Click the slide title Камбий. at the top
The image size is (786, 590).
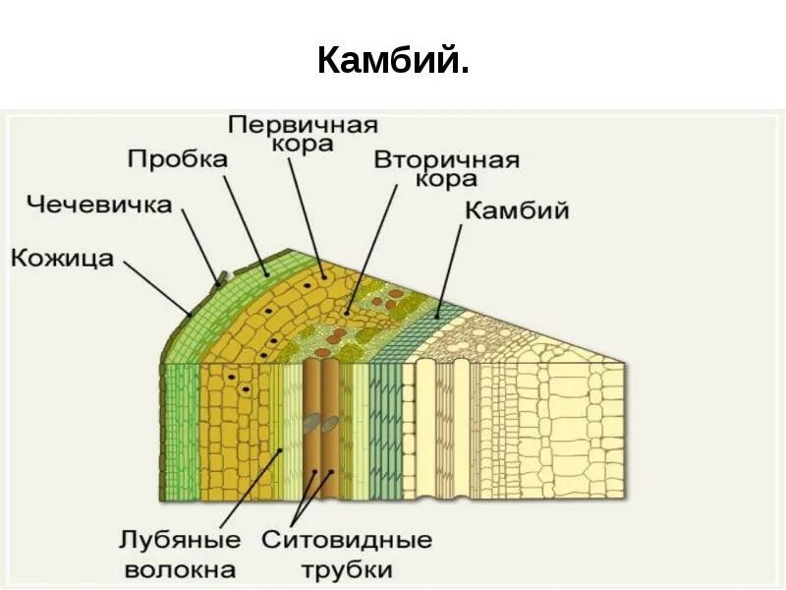393,62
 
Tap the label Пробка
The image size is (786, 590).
178,158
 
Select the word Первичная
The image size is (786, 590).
303,125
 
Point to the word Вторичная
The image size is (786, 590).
446,160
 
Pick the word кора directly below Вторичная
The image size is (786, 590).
446,180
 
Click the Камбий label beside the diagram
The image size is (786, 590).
517,211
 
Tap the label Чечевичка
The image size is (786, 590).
99,206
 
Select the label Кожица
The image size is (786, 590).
63,259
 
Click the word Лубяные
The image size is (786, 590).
180,540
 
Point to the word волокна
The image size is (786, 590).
180,568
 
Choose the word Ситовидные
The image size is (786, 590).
347,540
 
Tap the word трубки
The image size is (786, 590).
347,568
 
